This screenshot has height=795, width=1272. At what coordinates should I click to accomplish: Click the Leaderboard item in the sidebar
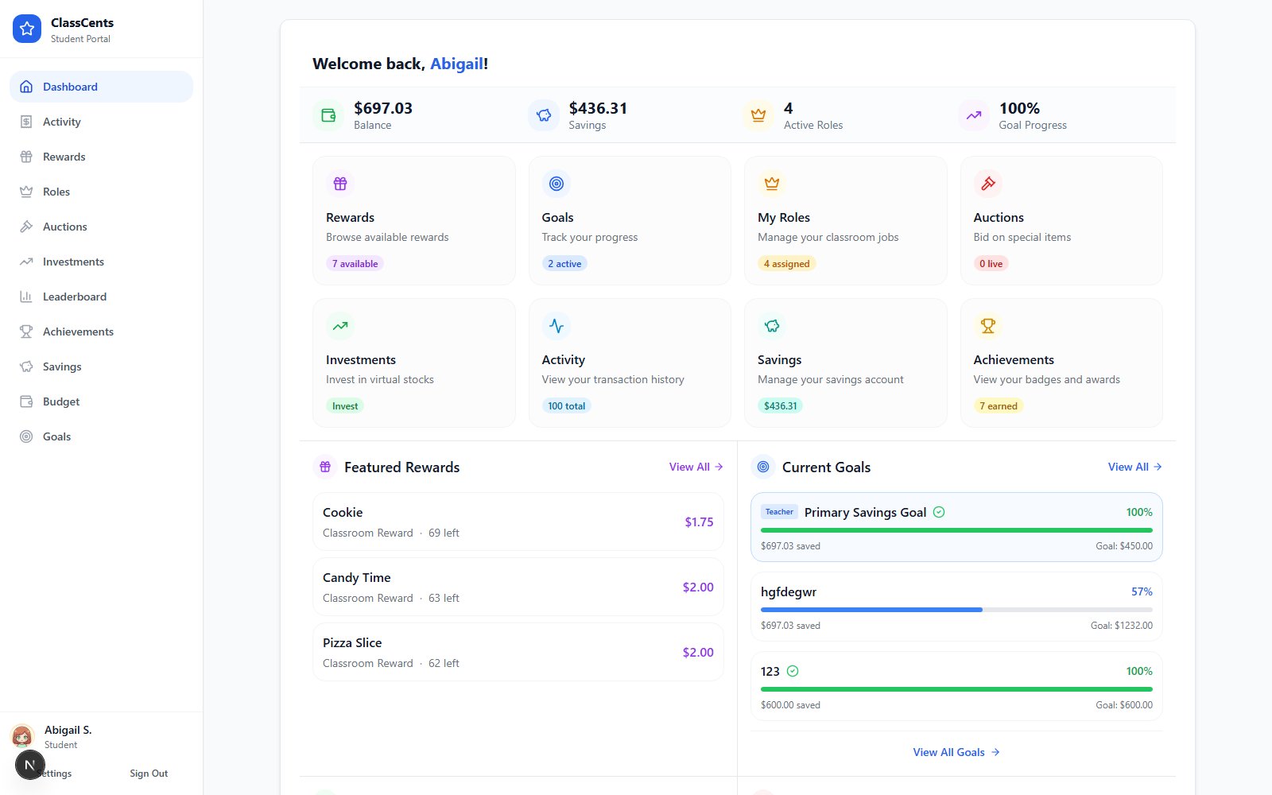tap(75, 297)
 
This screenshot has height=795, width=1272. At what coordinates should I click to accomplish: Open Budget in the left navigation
tap(60, 401)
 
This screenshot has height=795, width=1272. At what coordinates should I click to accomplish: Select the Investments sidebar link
tap(73, 262)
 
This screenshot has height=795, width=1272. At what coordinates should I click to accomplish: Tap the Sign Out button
tap(149, 774)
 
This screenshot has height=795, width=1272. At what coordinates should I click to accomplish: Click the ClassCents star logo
tap(27, 29)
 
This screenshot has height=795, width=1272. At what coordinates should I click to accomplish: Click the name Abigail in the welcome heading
tap(456, 64)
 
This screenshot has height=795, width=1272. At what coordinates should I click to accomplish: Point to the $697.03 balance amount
tap(383, 108)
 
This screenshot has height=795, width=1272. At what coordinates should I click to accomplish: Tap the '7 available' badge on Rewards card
tap(355, 263)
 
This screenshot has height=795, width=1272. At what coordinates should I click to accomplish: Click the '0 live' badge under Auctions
tap(991, 263)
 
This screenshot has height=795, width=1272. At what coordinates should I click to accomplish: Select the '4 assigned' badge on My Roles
tap(786, 263)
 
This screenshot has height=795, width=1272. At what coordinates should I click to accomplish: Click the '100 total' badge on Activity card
tap(566, 406)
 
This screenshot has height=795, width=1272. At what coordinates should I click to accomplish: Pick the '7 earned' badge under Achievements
tap(999, 406)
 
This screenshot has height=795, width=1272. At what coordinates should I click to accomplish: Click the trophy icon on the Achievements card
tap(988, 326)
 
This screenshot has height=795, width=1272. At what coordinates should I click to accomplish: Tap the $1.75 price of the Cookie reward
tap(699, 522)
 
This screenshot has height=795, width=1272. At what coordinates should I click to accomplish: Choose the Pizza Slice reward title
tap(352, 643)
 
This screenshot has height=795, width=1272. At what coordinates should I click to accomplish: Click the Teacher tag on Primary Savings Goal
tap(779, 512)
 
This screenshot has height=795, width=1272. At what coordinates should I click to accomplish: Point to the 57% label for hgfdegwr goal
tap(1142, 591)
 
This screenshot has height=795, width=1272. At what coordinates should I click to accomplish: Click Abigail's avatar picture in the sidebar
tap(22, 736)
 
